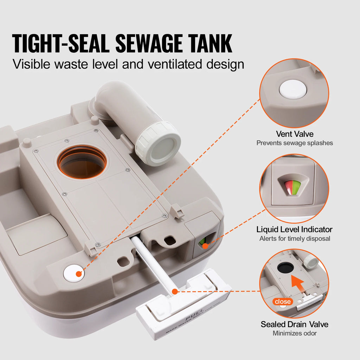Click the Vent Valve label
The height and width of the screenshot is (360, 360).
[x=294, y=134]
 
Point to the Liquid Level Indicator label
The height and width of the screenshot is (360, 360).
[x=294, y=230]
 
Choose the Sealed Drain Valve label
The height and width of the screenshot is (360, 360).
[x=294, y=324]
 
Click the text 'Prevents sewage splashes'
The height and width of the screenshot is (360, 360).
[x=294, y=143]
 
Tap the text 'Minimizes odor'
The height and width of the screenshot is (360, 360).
[x=294, y=333]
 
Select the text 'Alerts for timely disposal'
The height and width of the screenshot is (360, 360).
[x=294, y=239]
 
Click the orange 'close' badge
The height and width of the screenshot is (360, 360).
[x=283, y=302]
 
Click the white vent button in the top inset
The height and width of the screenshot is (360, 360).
[x=293, y=89]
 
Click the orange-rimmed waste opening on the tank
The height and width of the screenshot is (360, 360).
[x=82, y=161]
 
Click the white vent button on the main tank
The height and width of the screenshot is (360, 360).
[x=74, y=272]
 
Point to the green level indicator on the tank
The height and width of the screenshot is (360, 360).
[x=202, y=242]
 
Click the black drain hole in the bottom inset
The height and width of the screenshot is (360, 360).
[x=285, y=268]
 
